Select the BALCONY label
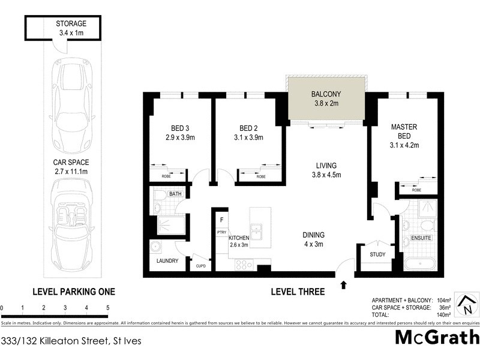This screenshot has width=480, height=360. point(326,94)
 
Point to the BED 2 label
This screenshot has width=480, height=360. point(248,128)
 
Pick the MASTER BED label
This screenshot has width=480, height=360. point(404,131)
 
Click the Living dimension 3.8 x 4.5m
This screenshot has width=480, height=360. point(326,175)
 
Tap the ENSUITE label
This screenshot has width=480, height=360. point(422,239)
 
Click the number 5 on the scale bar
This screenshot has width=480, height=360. point(108,308)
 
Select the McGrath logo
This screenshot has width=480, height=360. point(436,337)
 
